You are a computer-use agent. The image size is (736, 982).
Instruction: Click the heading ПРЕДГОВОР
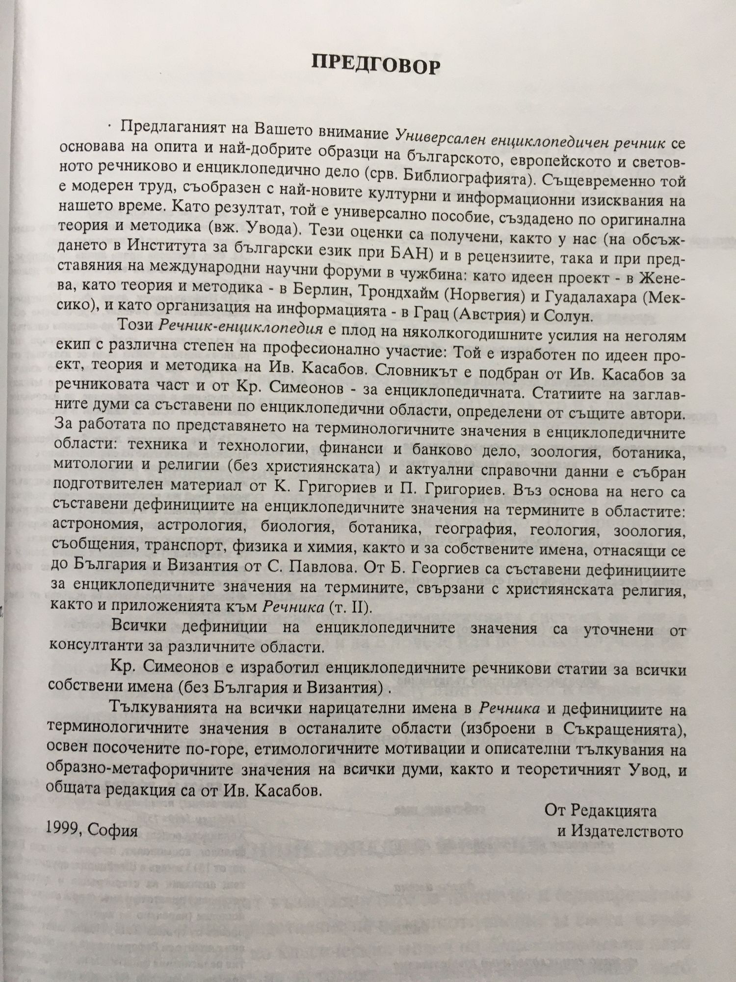point(376,64)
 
